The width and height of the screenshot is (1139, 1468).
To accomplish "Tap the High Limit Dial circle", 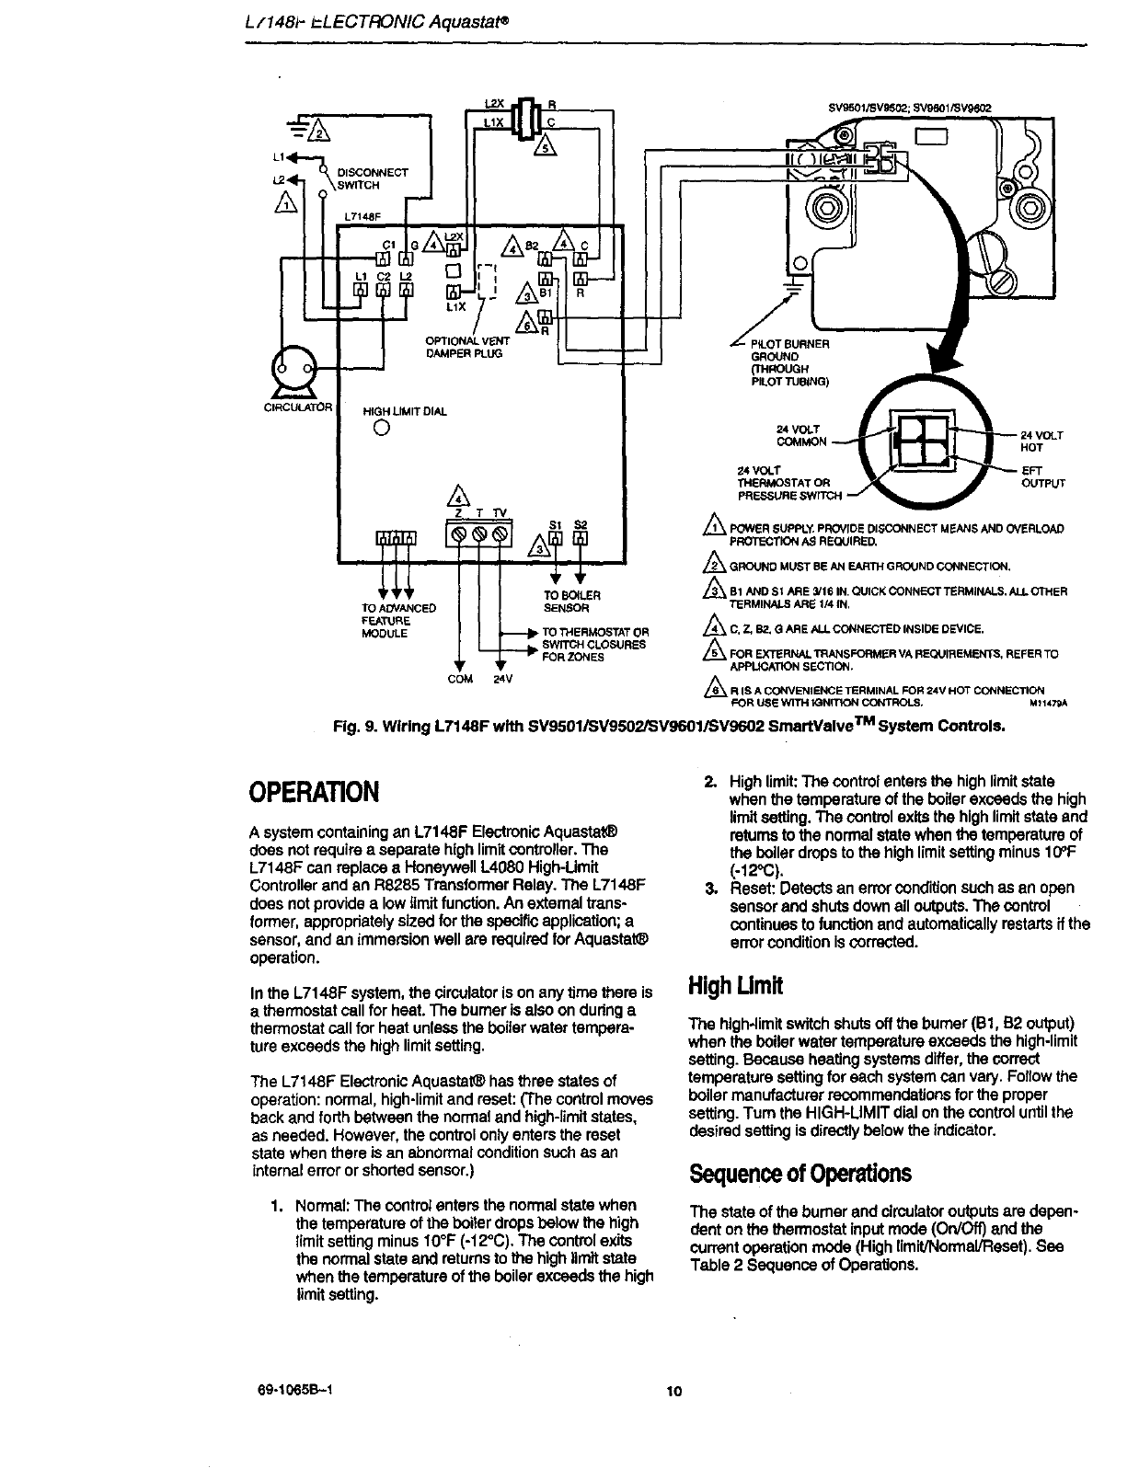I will coord(381,429).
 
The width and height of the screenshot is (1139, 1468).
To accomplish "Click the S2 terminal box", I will coord(580,539).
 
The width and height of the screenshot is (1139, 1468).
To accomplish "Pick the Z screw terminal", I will coord(457,533).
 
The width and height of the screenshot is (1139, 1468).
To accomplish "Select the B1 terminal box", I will coord(545,281).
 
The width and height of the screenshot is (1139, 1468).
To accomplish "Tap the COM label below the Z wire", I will coord(459,679).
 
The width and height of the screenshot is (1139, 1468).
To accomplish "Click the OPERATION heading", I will coord(313,792).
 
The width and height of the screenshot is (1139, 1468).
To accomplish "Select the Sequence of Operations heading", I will coord(800,1174).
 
